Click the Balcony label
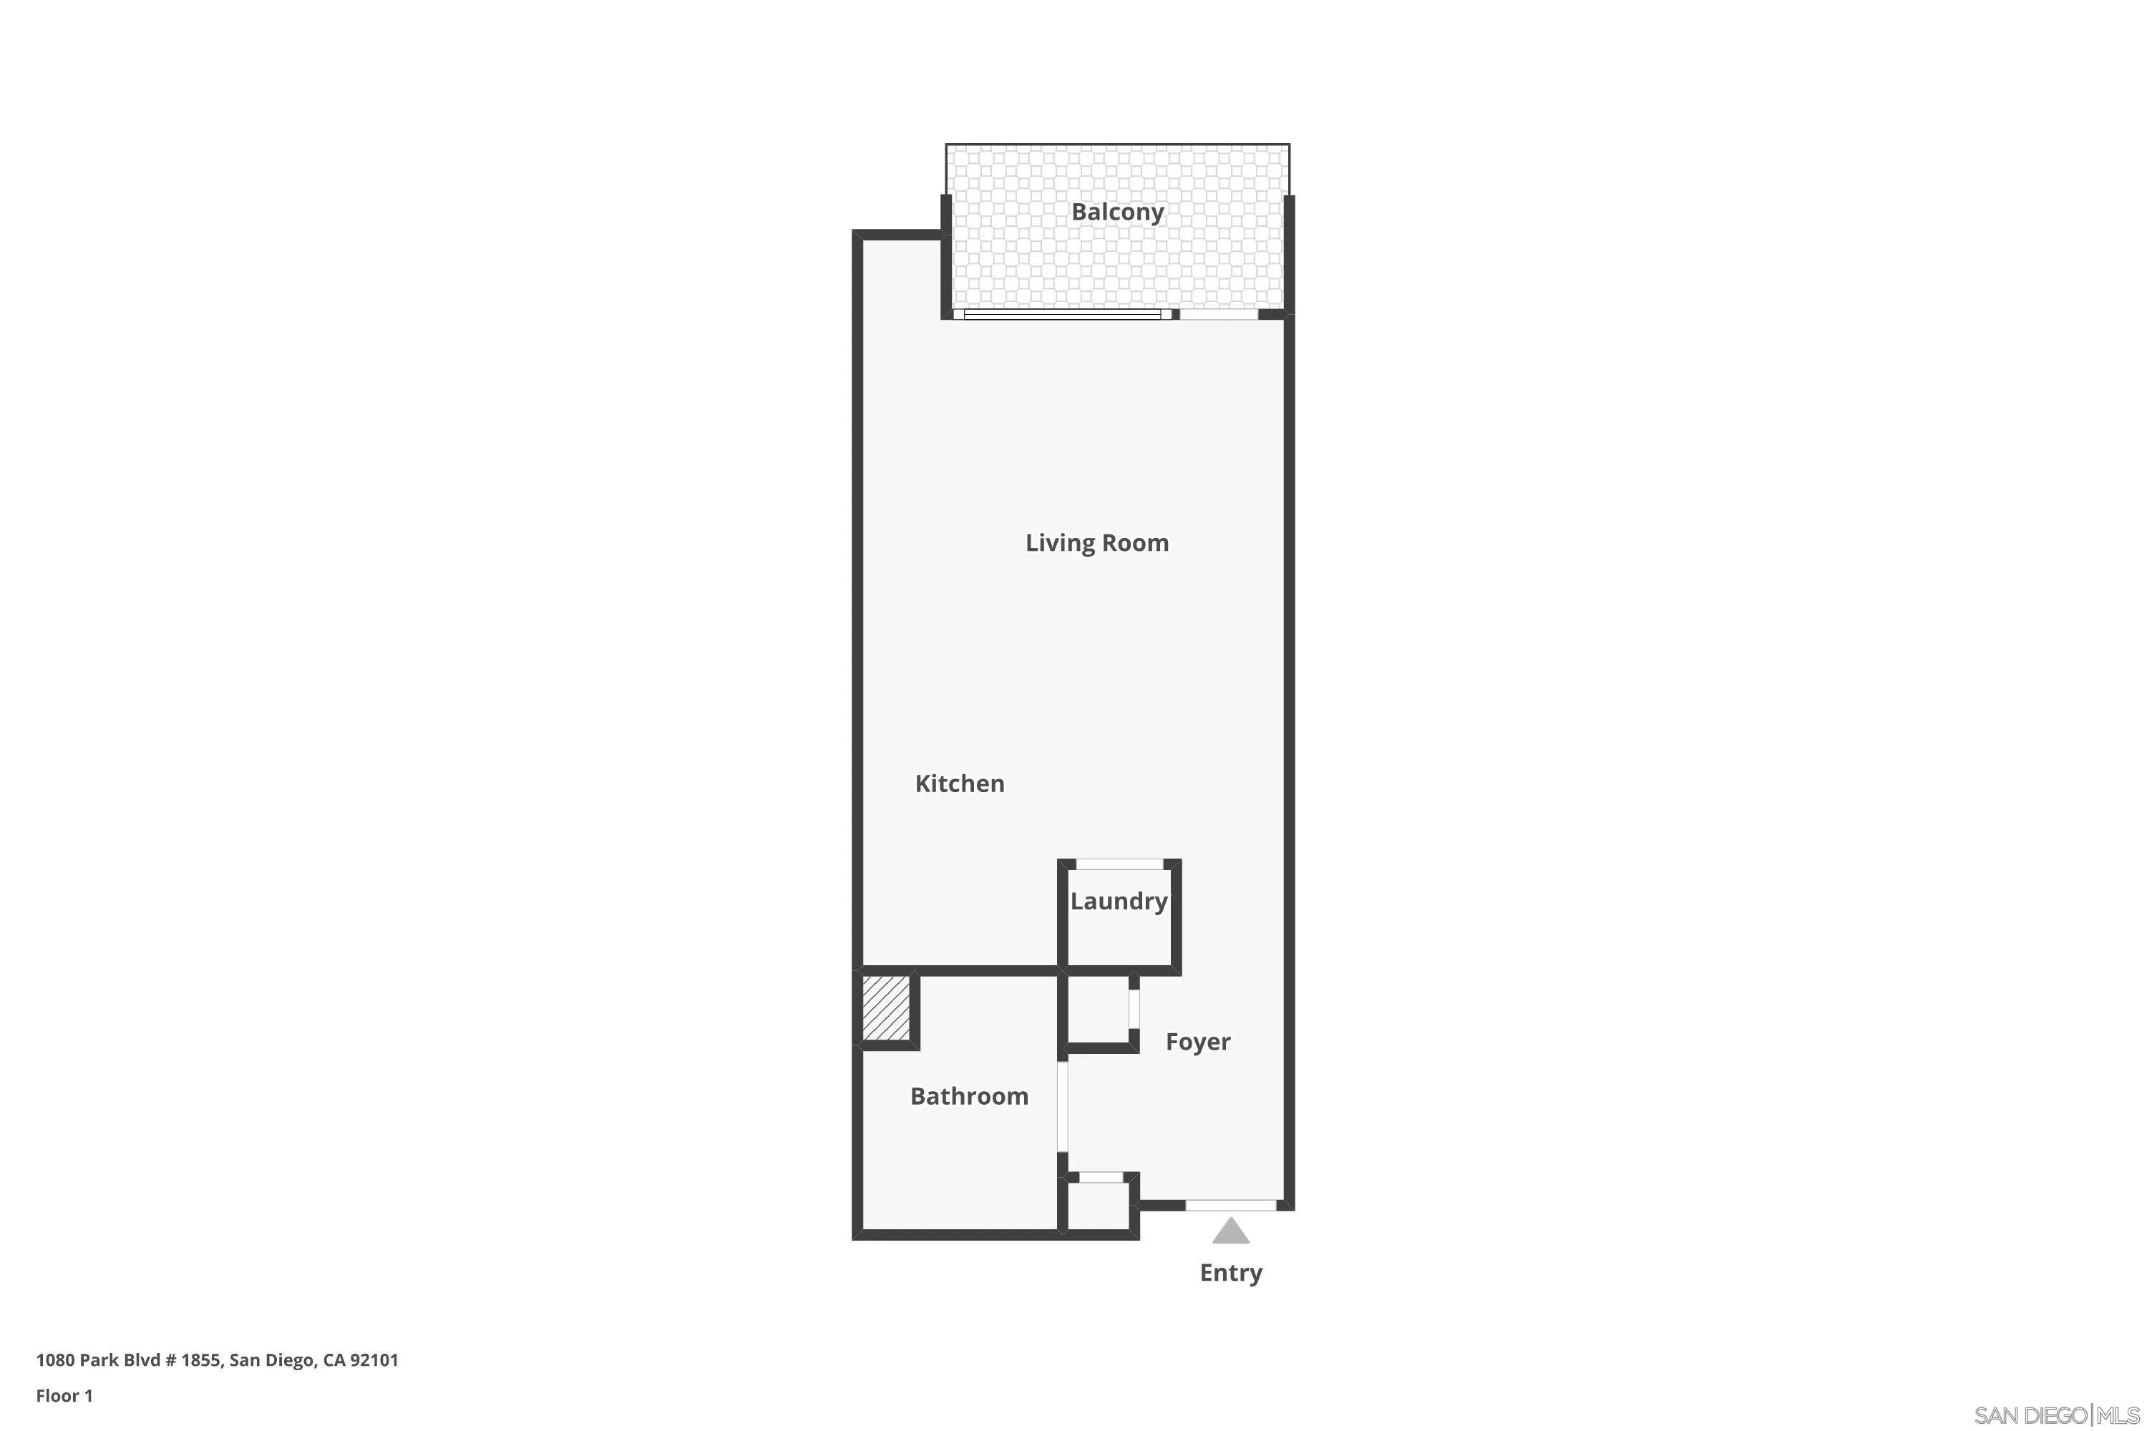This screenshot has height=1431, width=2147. click(1117, 212)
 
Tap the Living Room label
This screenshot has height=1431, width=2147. click(1096, 543)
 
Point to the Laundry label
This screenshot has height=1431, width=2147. click(1118, 902)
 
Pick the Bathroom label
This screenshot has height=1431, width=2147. click(968, 1096)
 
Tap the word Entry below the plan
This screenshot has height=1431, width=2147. click(1230, 1273)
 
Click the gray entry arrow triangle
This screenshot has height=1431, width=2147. click(1230, 1232)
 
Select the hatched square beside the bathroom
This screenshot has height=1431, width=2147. click(887, 1007)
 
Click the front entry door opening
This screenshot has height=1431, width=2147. click(1230, 1206)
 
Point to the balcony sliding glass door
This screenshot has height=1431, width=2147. click(1063, 315)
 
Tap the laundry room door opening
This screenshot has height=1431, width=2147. click(1119, 864)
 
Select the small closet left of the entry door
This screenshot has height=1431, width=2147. click(1098, 1206)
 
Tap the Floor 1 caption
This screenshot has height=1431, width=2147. click(64, 1395)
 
